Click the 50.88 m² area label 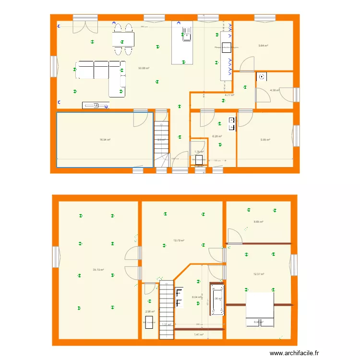(x=144, y=68)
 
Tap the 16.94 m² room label (x=105, y=140)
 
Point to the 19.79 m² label (x=179, y=241)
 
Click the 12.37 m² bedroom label (x=259, y=274)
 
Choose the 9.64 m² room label (x=263, y=46)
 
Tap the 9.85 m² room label (x=265, y=140)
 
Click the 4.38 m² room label (x=274, y=90)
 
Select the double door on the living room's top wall (x=85, y=26)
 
